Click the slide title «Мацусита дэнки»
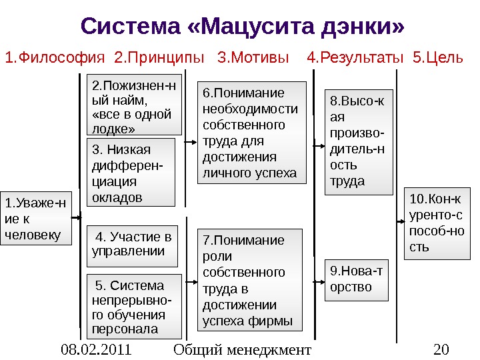[x=243, y=27]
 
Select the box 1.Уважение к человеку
[x=35, y=218]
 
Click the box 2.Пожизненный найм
[x=135, y=107]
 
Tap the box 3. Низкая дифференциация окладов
[x=131, y=173]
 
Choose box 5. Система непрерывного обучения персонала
[x=135, y=306]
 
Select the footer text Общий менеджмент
[x=242, y=349]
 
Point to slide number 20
[x=441, y=349]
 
